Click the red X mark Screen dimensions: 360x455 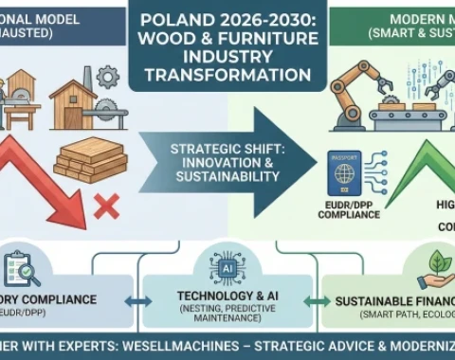pyautogui.click(x=105, y=202)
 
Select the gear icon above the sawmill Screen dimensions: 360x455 pyautogui.click(x=107, y=76)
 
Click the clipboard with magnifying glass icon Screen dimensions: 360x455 pyautogui.click(x=18, y=270)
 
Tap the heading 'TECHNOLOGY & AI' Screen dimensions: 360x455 pyautogui.click(x=227, y=297)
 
